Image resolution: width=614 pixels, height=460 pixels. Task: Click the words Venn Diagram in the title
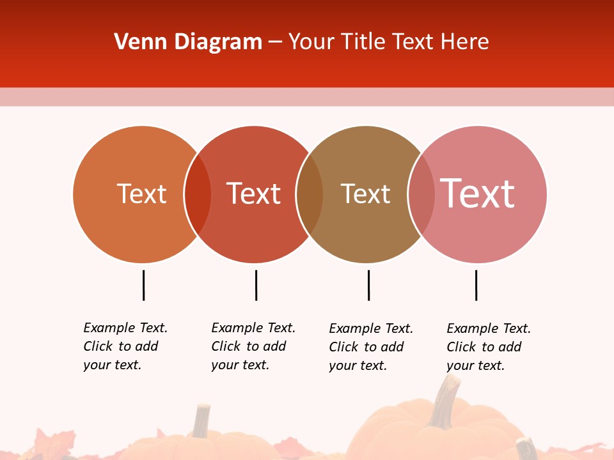coord(188,42)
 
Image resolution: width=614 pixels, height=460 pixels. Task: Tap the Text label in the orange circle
coord(141,194)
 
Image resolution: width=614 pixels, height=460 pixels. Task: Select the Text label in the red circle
coord(254,194)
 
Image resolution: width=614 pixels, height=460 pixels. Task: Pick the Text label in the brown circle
coord(365,194)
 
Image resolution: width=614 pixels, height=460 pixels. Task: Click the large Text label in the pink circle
coord(478,194)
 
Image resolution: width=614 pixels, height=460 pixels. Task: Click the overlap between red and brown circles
coord(310,194)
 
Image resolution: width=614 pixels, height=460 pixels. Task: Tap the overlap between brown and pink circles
coord(421,194)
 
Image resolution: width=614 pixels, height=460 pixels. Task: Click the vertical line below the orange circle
coord(143,285)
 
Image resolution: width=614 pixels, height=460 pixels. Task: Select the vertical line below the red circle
coord(256,285)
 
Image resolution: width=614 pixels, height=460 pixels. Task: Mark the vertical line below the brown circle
coord(368,285)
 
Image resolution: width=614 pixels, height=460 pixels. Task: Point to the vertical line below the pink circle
coord(476,285)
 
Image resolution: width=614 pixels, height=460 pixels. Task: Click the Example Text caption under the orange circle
coord(125,346)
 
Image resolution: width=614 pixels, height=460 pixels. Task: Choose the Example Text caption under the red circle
coord(253,346)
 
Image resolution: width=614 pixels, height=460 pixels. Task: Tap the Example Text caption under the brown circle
coord(370,347)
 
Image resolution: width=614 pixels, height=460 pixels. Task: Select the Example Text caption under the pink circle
coord(488,347)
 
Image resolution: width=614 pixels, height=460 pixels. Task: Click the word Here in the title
coord(468,42)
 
